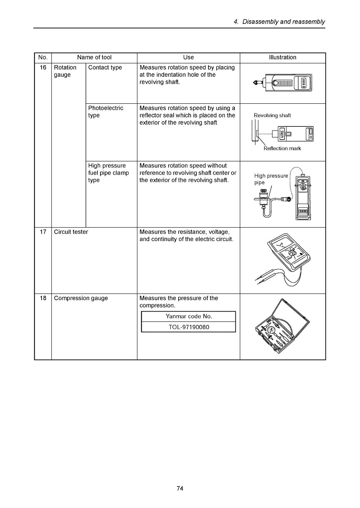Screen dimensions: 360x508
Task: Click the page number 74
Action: (x=180, y=488)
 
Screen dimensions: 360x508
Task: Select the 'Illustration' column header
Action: (x=282, y=57)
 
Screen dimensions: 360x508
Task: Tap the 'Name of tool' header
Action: (x=94, y=57)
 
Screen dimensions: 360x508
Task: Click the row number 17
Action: (x=43, y=232)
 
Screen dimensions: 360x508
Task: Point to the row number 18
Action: (x=43, y=298)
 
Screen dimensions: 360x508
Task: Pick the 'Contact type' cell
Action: (x=105, y=68)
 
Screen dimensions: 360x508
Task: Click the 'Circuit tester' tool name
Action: (x=71, y=232)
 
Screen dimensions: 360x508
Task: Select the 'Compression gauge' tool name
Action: (x=81, y=298)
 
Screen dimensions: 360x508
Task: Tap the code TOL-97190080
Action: (x=189, y=327)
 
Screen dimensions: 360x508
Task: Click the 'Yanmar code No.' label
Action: (x=189, y=316)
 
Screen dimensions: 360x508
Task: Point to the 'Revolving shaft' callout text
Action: (x=272, y=116)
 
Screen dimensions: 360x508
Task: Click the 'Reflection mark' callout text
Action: (x=282, y=148)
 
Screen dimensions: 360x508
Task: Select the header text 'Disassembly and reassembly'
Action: (x=284, y=22)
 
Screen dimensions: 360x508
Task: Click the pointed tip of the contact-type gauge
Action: (x=253, y=83)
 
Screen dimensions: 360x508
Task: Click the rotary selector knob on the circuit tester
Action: (x=292, y=252)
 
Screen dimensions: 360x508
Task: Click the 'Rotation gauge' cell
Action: (x=65, y=71)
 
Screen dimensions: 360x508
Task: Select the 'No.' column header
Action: (x=43, y=57)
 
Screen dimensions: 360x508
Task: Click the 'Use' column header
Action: (x=189, y=57)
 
